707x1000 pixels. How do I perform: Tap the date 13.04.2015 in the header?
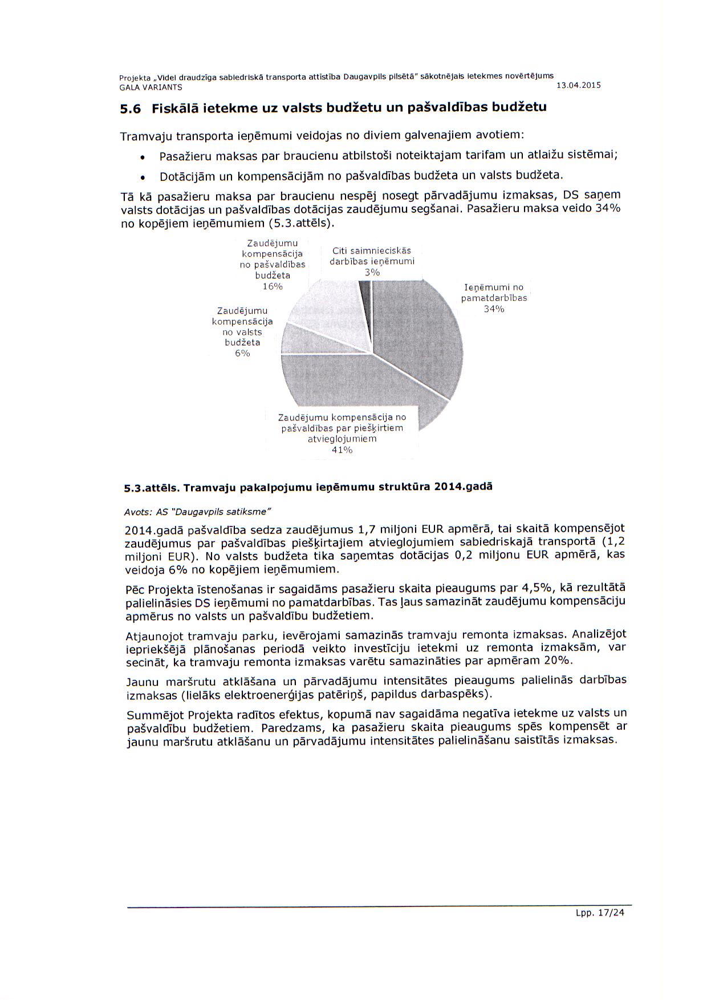click(578, 86)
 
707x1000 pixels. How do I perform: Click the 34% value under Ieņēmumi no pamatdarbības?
click(494, 309)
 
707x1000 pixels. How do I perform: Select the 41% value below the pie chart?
click(342, 450)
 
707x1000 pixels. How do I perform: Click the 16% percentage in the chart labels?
click(273, 286)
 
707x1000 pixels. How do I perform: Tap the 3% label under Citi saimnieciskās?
click(372, 272)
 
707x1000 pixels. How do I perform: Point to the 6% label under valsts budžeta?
click(242, 354)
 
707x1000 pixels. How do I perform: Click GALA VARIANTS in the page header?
click(151, 88)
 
